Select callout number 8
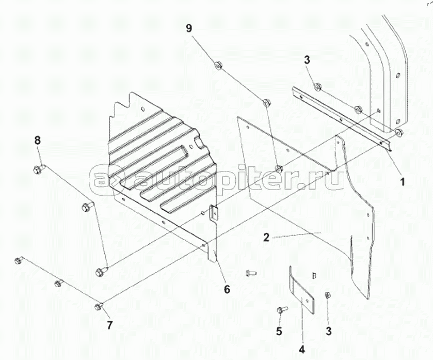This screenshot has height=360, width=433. point(37,140)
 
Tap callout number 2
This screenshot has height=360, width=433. point(266,238)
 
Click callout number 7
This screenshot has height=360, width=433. point(109,325)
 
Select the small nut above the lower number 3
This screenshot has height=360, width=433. point(328,295)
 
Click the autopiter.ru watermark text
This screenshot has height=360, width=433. point(217,178)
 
